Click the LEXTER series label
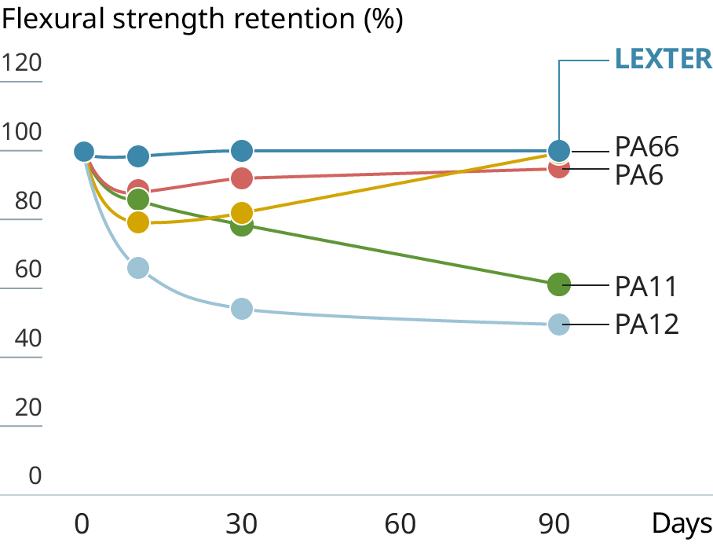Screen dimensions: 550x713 (x=663, y=59)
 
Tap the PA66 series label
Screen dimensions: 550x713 (x=646, y=147)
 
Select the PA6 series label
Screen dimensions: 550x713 (x=638, y=174)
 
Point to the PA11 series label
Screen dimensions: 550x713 (x=645, y=286)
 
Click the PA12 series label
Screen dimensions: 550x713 (x=646, y=324)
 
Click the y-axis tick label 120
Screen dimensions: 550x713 (x=21, y=62)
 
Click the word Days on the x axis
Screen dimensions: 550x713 (x=682, y=524)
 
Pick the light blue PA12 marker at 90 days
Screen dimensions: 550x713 (x=558, y=324)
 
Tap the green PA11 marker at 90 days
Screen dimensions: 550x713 (x=558, y=284)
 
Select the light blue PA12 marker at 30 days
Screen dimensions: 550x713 (x=242, y=309)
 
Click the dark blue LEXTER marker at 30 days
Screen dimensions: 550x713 (x=242, y=150)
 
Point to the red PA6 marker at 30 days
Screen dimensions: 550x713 (x=242, y=178)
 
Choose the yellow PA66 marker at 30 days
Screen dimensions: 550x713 (x=242, y=212)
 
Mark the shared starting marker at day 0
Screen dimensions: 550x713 (x=84, y=152)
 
